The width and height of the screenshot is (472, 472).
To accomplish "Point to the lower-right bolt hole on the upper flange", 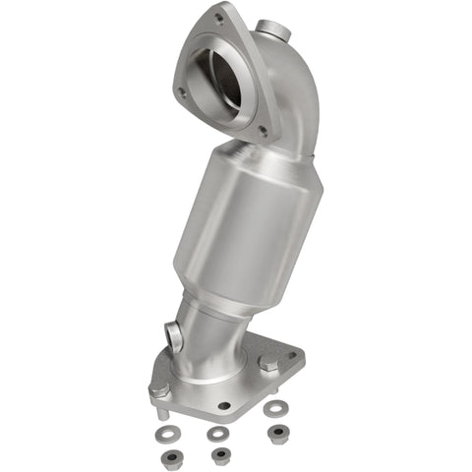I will [262, 129].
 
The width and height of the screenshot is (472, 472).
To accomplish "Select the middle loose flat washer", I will [215, 432].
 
